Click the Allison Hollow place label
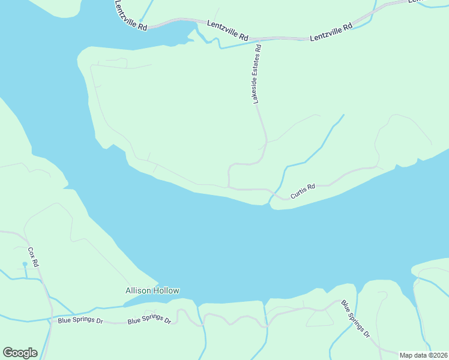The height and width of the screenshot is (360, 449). pyautogui.click(x=152, y=291)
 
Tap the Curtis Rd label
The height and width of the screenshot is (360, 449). pyautogui.click(x=303, y=191)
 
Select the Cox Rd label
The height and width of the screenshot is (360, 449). pyautogui.click(x=34, y=257)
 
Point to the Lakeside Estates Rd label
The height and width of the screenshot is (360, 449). pyautogui.click(x=258, y=74)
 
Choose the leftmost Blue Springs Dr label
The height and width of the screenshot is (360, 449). pyautogui.click(x=80, y=320)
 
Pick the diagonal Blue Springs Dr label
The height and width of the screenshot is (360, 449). pyautogui.click(x=355, y=318)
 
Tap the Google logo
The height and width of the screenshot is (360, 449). pyautogui.click(x=20, y=353)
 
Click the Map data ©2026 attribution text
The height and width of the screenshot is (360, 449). pyautogui.click(x=423, y=355)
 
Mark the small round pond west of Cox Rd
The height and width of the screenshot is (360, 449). pyautogui.click(x=25, y=263)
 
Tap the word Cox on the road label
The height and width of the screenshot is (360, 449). pyautogui.click(x=31, y=253)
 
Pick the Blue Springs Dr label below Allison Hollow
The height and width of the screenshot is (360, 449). pyautogui.click(x=149, y=319)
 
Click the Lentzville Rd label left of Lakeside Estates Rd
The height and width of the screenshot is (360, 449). pyautogui.click(x=228, y=30)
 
